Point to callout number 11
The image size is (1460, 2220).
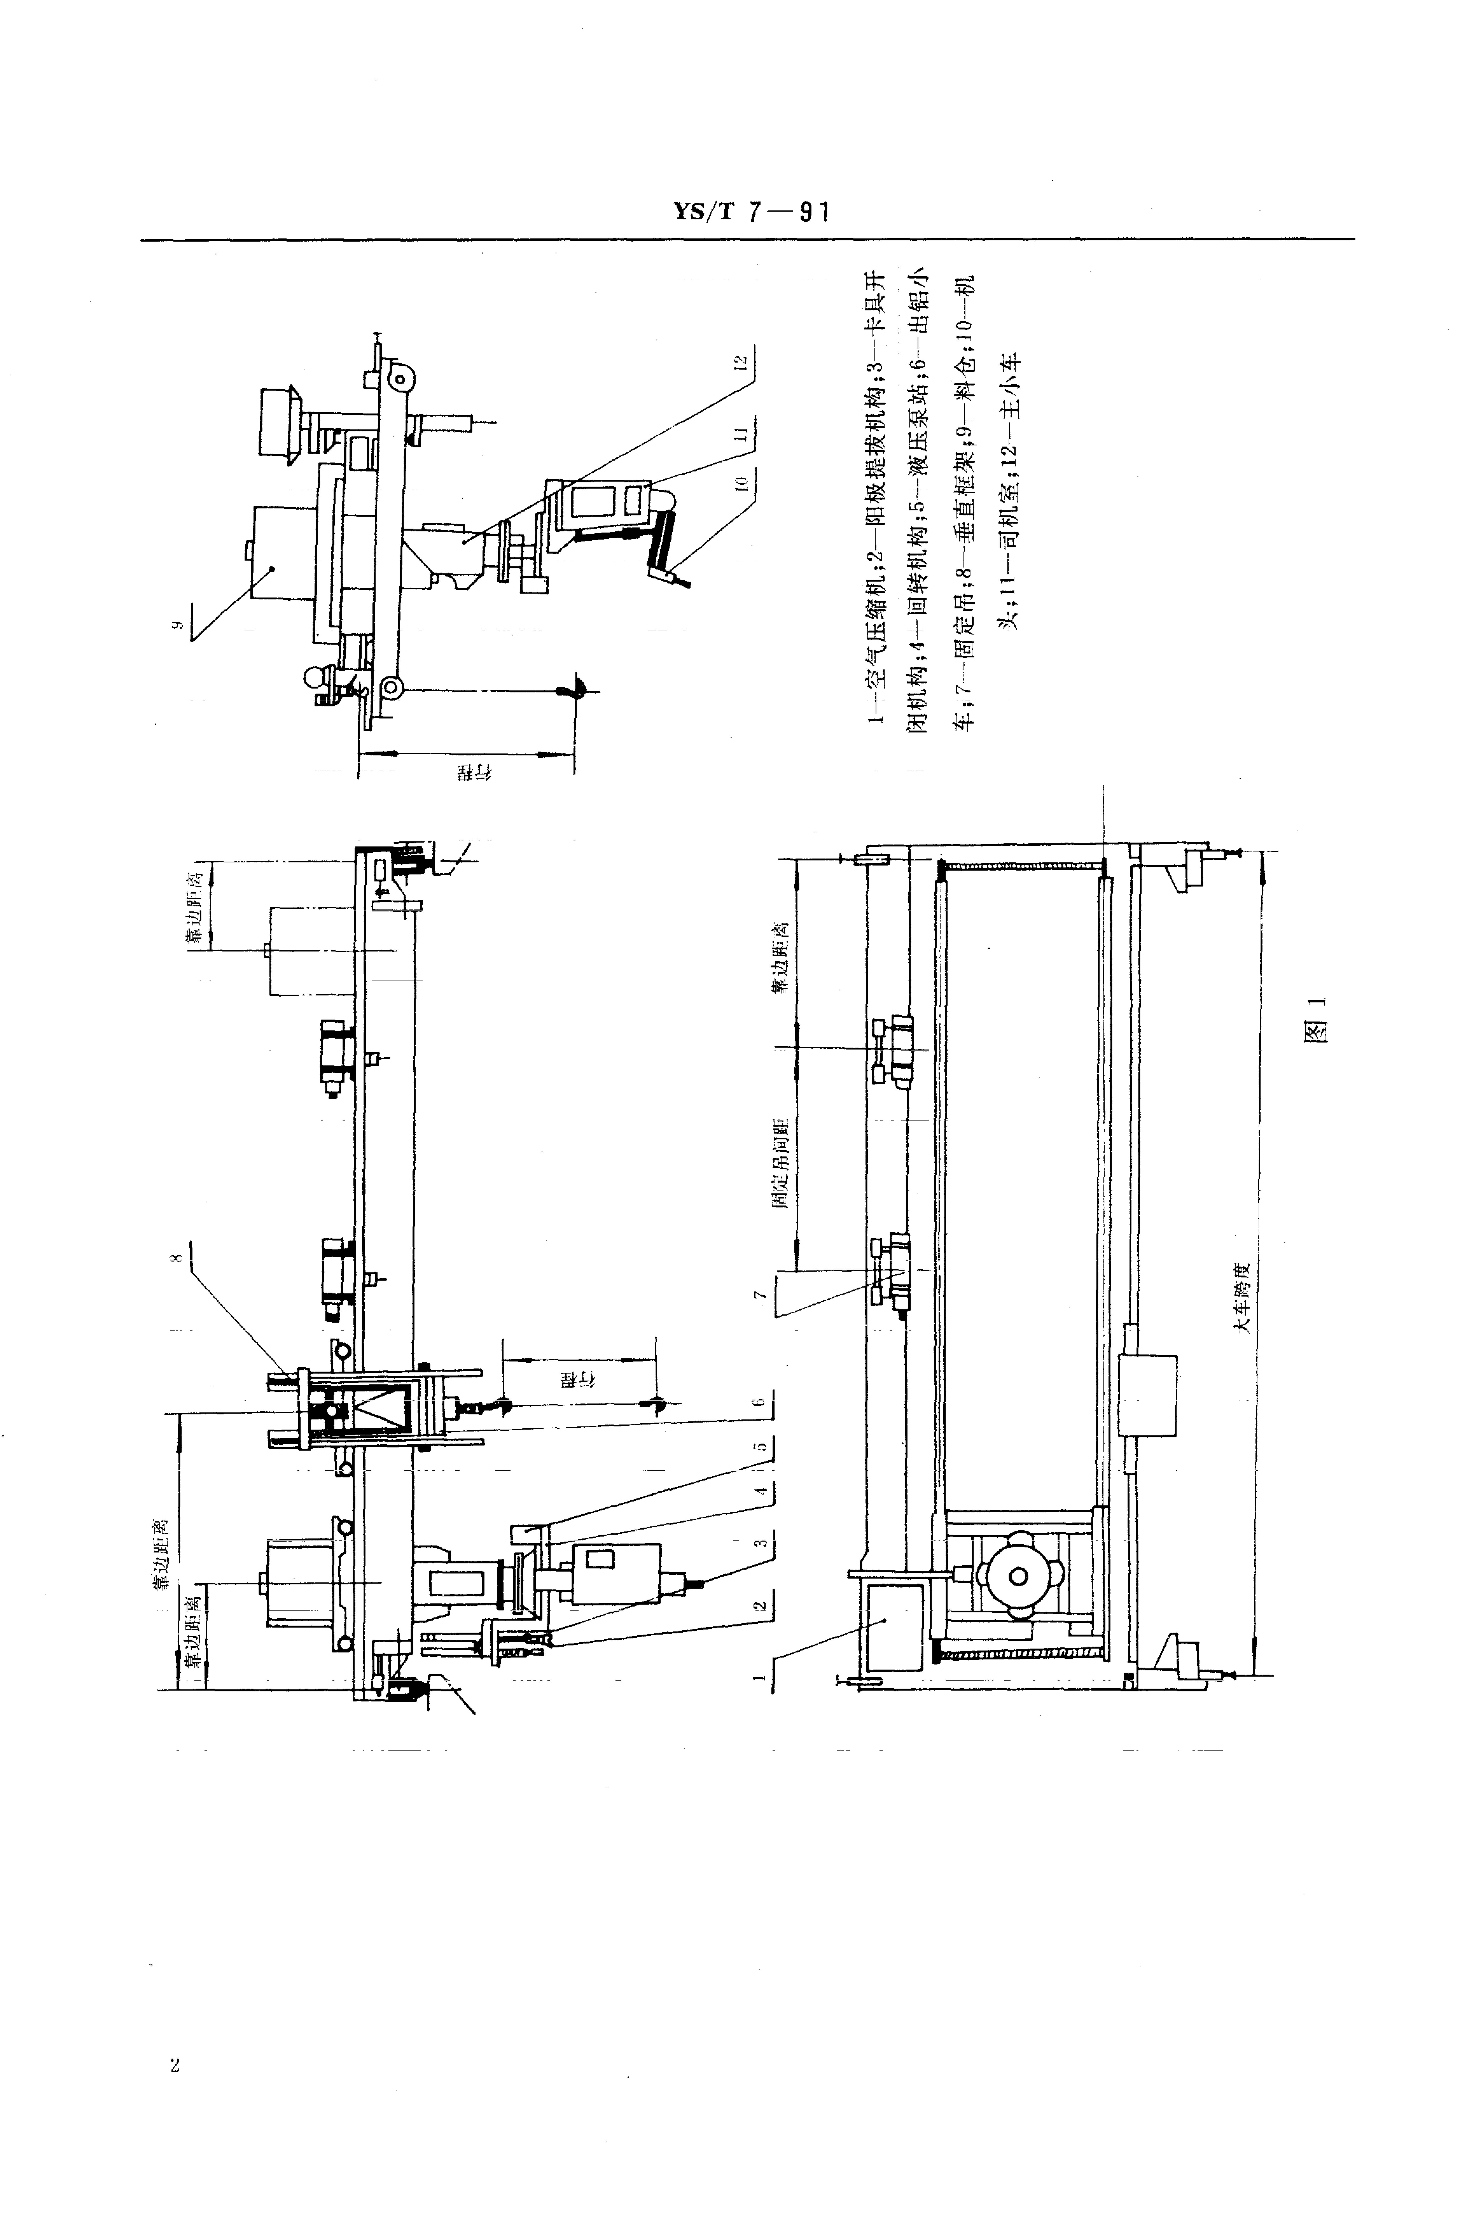[x=741, y=434]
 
